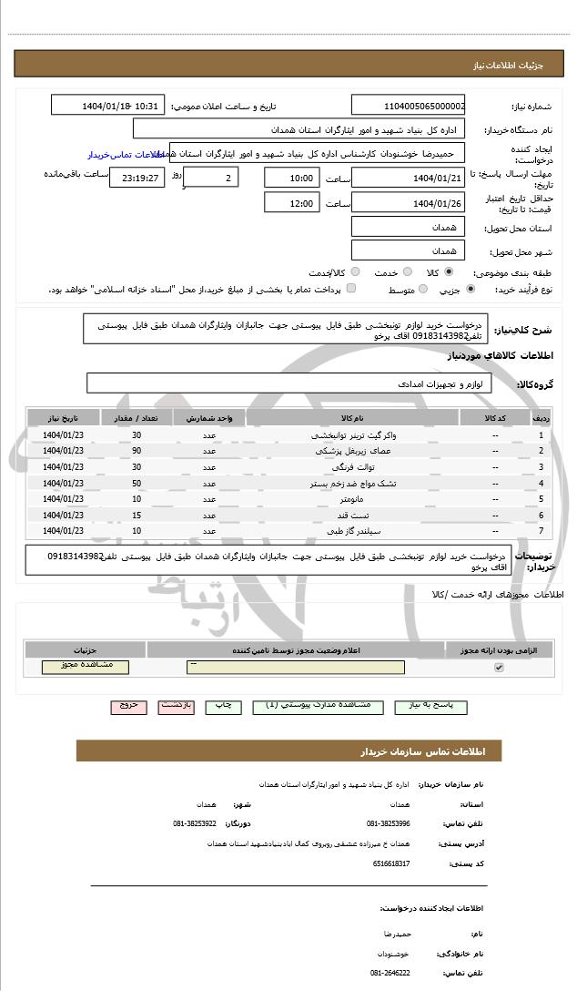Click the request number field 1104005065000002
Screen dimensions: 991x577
(x=408, y=106)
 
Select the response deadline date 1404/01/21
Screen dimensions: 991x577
(x=408, y=178)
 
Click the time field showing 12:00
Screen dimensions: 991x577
(x=291, y=203)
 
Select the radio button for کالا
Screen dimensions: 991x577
(x=449, y=272)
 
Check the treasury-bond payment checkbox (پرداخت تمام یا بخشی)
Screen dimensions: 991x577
(x=351, y=290)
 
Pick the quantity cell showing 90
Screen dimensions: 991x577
(x=137, y=451)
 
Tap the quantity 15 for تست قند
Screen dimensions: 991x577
(x=137, y=516)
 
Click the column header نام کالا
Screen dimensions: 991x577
(x=352, y=418)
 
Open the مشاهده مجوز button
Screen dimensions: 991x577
(x=86, y=667)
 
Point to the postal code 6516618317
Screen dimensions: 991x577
(x=391, y=863)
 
